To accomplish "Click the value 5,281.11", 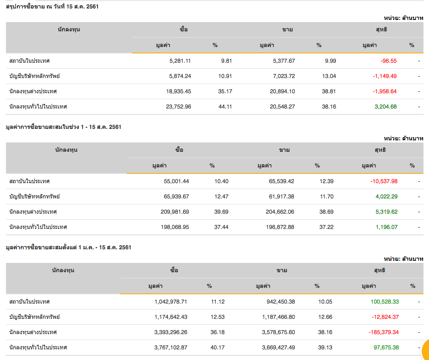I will [x=180, y=61].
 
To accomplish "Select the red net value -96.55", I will [x=389, y=61].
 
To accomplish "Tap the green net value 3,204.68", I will [x=386, y=106].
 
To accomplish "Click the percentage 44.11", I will [x=225, y=106].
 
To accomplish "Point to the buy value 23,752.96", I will [x=178, y=106].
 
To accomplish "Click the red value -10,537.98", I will [x=384, y=181].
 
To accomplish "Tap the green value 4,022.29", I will [x=387, y=196].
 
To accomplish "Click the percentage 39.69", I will [x=221, y=212].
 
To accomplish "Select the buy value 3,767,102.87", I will [x=171, y=347].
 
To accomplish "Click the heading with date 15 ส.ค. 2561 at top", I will [x=53, y=6].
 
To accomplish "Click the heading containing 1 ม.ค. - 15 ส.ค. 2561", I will [x=68, y=247].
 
